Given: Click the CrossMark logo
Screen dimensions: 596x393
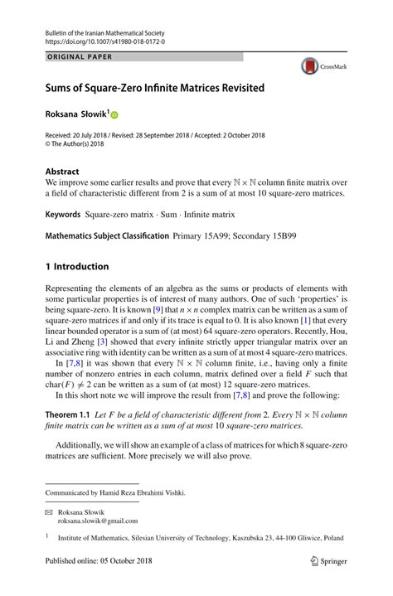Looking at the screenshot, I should coord(323,67).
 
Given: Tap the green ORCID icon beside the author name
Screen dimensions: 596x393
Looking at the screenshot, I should coord(114,115).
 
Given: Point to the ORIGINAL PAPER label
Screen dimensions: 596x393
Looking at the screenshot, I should coord(80,57).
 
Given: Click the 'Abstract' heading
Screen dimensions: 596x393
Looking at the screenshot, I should coord(62,172).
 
